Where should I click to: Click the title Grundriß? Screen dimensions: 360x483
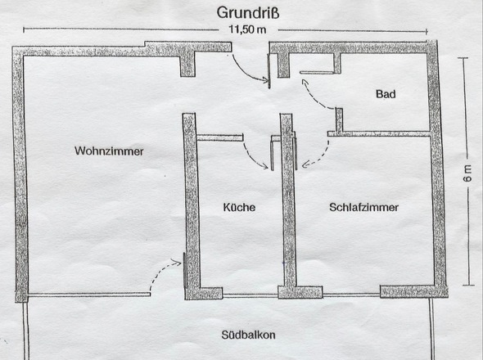[248, 12]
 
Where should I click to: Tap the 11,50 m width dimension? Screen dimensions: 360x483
[249, 30]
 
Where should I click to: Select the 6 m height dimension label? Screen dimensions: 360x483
[467, 173]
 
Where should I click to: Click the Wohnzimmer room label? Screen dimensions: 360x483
[109, 151]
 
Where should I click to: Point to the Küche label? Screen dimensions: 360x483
[239, 208]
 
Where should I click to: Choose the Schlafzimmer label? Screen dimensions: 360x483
[364, 208]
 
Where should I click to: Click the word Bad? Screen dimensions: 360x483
[386, 95]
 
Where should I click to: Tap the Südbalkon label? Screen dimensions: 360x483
[248, 335]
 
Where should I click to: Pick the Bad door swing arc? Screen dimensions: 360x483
[314, 95]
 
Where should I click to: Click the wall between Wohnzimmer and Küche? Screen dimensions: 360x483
[191, 205]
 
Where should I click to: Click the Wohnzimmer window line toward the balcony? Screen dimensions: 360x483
[86, 295]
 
